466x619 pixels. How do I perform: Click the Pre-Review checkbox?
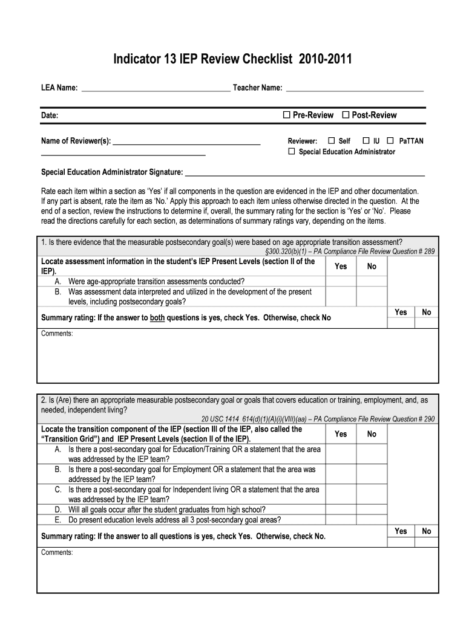coord(287,115)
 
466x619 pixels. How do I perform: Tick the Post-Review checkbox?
coord(346,115)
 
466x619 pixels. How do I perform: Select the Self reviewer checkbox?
coord(331,141)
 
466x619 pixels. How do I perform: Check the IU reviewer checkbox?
coord(366,141)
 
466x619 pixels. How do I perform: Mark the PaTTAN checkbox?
coord(390,141)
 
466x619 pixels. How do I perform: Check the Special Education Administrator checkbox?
coord(292,152)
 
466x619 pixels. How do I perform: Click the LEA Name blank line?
coord(156,88)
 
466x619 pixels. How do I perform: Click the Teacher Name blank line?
coord(354,88)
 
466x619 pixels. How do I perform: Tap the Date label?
coord(50,115)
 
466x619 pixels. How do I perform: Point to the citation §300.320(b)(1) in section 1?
coord(291,251)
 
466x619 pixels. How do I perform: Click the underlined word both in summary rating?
coord(157,317)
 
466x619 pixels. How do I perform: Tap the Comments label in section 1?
coord(57,334)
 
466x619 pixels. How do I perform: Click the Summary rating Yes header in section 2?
coord(401,531)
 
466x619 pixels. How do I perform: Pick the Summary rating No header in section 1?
coord(427,312)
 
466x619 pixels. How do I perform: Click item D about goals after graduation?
coord(166,509)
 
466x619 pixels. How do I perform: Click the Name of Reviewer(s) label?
coord(76,141)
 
